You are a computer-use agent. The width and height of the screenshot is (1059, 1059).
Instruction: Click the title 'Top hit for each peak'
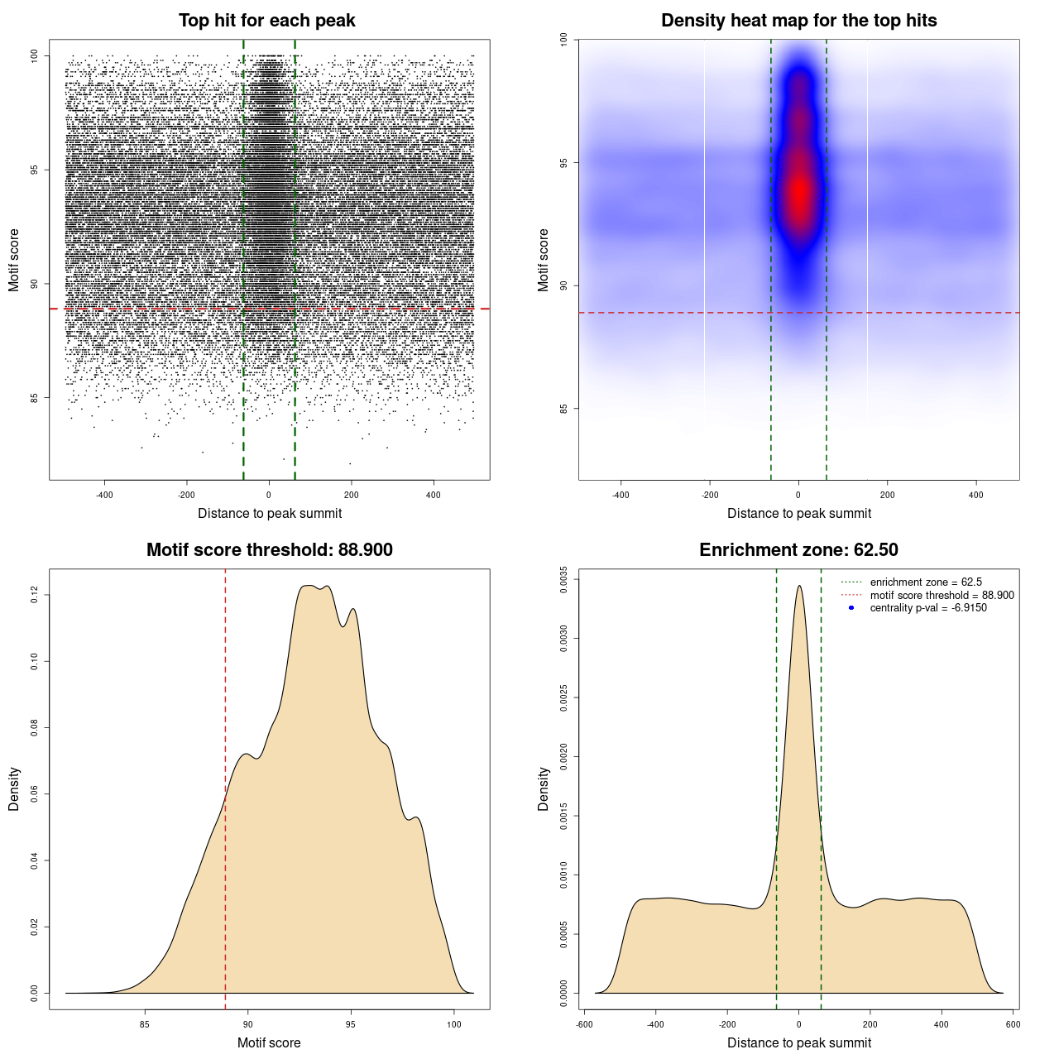pos(266,21)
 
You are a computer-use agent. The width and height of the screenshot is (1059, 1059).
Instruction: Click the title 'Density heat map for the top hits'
pos(798,21)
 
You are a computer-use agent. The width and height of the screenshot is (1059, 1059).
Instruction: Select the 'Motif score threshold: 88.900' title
pos(269,550)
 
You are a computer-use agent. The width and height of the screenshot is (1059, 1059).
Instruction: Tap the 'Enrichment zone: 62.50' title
pos(798,550)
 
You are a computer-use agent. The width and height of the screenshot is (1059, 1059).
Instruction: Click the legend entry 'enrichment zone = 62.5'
pos(925,582)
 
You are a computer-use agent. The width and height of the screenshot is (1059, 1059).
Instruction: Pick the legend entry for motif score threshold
pos(941,596)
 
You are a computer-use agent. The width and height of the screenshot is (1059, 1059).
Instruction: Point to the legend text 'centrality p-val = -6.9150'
pos(927,608)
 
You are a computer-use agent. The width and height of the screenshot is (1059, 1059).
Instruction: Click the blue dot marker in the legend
pos(851,608)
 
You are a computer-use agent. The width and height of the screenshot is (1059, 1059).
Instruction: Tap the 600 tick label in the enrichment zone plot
pos(1013,1024)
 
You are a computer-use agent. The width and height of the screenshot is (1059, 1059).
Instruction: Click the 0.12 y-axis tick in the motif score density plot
pos(34,595)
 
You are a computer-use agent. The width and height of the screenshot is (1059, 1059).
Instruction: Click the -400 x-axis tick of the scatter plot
pos(104,495)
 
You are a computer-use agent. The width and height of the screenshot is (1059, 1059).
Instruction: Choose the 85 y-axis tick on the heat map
pos(563,409)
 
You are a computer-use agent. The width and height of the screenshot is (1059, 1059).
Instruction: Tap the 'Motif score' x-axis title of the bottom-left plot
pos(269,1042)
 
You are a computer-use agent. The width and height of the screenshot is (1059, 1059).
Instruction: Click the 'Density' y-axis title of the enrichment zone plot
pos(544,788)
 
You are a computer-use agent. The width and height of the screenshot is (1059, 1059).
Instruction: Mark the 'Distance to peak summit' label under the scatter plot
pos(270,513)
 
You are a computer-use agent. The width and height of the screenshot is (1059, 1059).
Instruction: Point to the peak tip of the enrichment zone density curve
pos(799,586)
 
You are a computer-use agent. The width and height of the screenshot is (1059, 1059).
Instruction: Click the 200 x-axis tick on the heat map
pos(887,495)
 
